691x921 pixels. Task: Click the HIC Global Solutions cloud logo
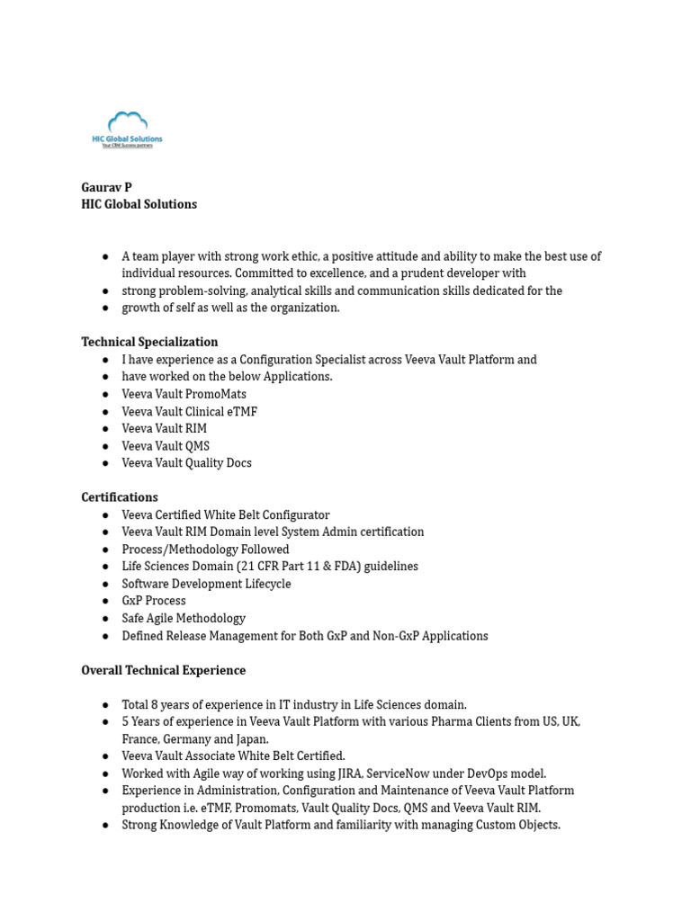point(127,129)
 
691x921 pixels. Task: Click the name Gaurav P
point(106,187)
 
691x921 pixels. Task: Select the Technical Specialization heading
point(149,342)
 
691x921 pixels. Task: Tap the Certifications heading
point(119,497)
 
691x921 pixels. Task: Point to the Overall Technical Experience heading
point(163,670)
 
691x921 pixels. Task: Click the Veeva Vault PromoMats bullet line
point(184,394)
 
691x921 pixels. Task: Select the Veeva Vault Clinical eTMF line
point(189,411)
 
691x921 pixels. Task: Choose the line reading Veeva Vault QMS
point(166,445)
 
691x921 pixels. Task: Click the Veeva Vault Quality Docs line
point(186,463)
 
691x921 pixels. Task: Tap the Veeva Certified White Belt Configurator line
point(226,515)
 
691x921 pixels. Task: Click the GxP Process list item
point(154,601)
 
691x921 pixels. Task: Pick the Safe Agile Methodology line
point(184,619)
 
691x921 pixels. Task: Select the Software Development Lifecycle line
point(206,584)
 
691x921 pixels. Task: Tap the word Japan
point(250,739)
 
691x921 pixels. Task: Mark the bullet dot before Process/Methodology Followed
point(105,550)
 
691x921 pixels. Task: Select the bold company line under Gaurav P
point(139,204)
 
